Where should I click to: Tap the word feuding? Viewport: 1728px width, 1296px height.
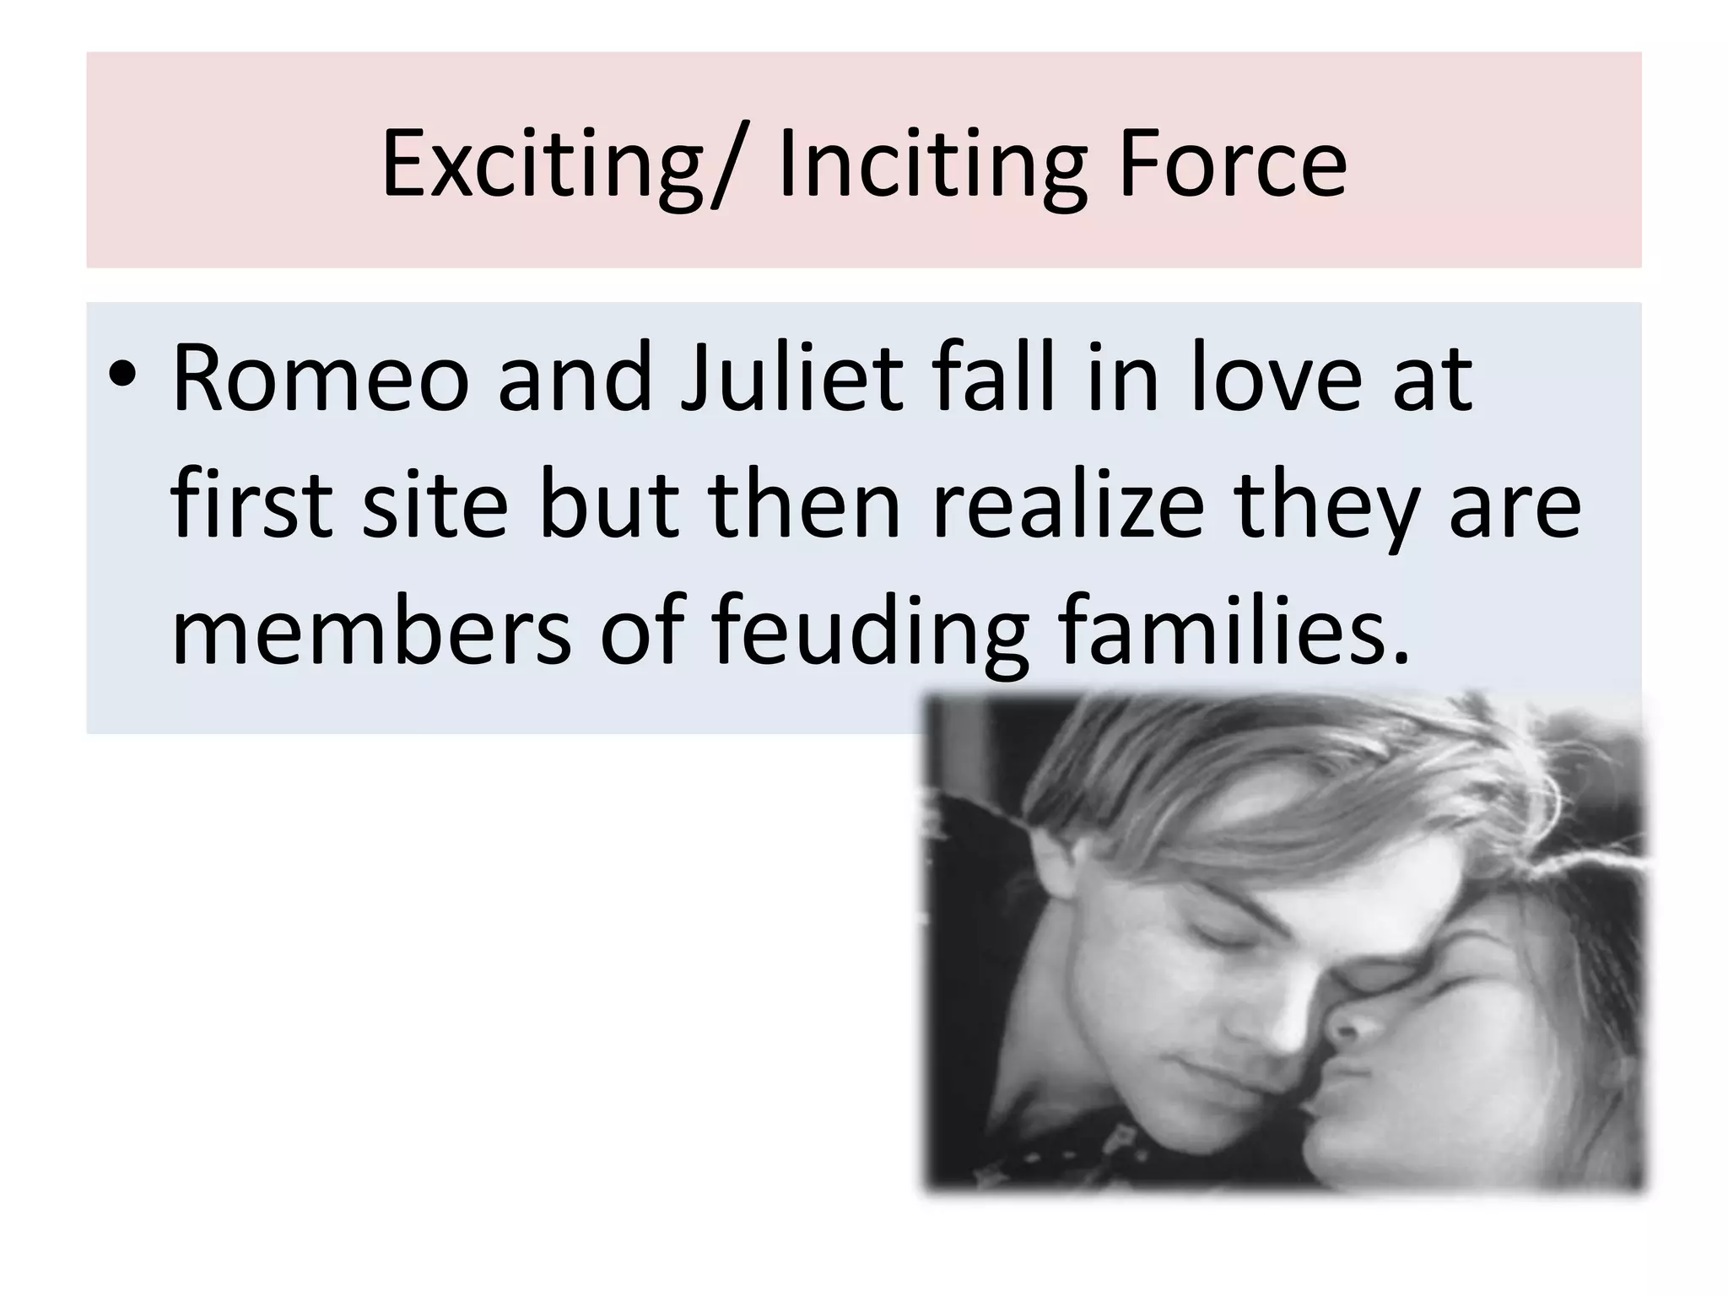click(x=869, y=634)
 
